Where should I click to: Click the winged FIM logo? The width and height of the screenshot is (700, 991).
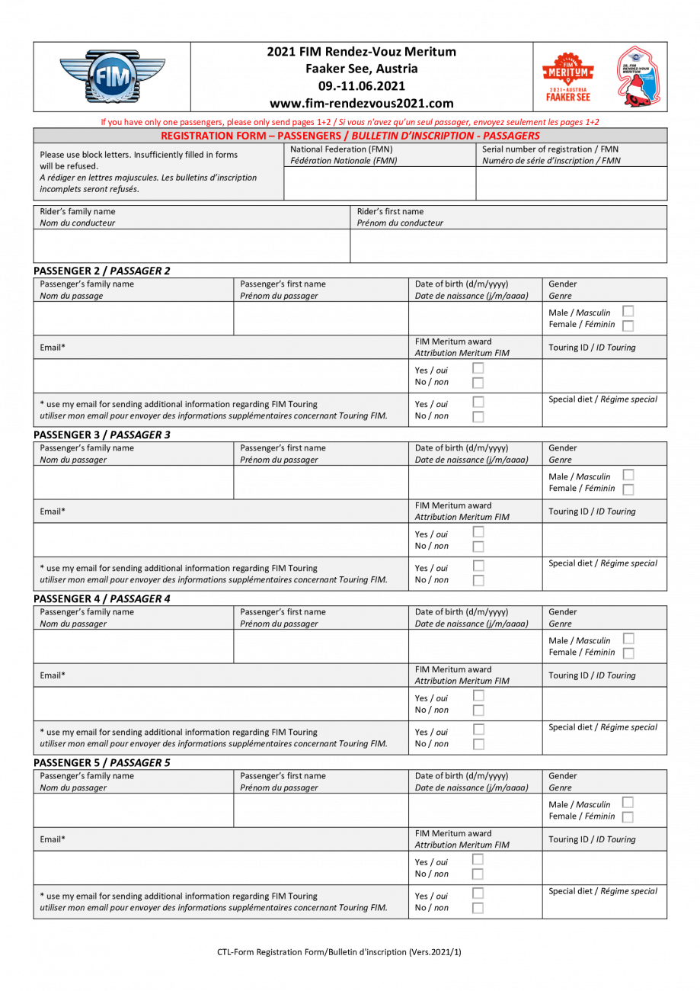(x=111, y=76)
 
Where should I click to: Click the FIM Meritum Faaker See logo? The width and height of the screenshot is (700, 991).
(x=567, y=76)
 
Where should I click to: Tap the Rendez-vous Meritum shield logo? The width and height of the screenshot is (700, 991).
(x=638, y=76)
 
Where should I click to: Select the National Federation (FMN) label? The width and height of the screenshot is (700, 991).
(x=341, y=149)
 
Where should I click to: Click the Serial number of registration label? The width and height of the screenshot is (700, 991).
(x=550, y=149)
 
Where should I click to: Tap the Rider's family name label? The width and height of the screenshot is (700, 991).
(x=78, y=212)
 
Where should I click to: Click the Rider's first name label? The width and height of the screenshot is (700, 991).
(x=390, y=212)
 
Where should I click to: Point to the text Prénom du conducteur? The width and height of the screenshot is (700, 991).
(x=400, y=223)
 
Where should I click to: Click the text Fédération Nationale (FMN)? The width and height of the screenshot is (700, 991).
(x=344, y=161)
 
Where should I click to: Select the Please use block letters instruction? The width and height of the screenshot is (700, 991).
(x=139, y=155)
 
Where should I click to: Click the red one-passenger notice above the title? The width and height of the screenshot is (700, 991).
(x=350, y=122)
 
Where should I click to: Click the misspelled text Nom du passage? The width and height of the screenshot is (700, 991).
(x=72, y=296)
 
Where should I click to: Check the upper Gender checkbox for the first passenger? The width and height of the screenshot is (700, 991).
(x=628, y=311)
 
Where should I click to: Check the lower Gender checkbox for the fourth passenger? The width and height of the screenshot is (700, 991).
(x=628, y=817)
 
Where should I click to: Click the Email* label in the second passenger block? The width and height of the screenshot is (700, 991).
(x=53, y=512)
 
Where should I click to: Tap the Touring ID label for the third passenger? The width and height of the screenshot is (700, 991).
(x=592, y=675)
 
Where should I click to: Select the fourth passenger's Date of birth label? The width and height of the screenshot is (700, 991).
(x=462, y=776)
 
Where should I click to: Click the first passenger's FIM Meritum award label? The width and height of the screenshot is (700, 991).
(x=453, y=342)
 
